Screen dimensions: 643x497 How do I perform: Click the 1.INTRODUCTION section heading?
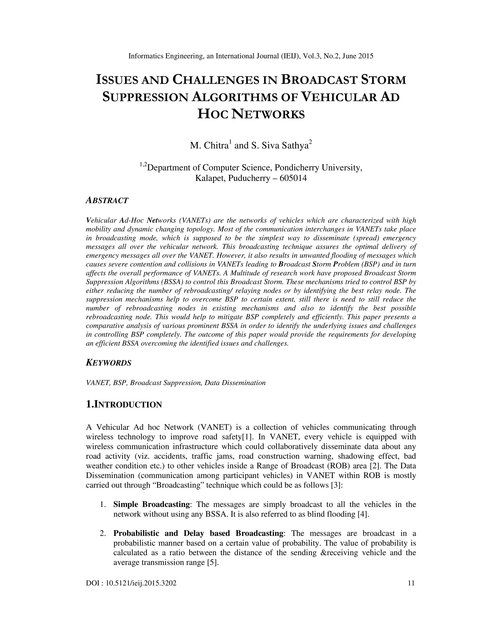(124, 404)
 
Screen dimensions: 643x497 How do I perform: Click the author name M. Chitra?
(209, 145)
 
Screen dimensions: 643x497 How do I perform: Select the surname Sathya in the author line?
(295, 145)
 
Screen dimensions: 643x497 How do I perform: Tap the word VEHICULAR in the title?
(339, 97)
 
